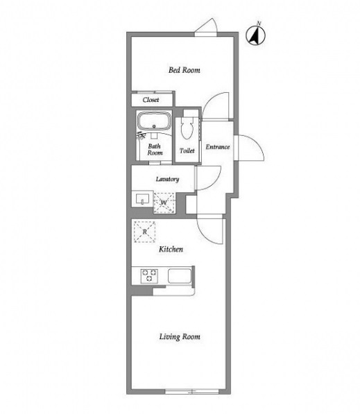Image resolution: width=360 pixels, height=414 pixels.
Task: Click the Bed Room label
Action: point(184,70)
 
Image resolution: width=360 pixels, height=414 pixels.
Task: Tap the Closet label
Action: point(151,100)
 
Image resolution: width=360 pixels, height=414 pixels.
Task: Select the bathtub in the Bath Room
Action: point(154,121)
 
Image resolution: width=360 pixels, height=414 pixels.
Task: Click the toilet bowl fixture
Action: point(187,128)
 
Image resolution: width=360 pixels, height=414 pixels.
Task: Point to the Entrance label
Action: point(218,147)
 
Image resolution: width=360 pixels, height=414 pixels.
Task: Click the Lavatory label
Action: point(167,179)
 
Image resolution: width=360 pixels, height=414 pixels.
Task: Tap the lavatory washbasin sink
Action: point(142,199)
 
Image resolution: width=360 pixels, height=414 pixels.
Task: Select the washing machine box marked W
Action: point(164,202)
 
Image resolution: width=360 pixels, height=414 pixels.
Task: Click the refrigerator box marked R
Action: point(144,232)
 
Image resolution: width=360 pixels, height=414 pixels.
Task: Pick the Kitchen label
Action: point(171,249)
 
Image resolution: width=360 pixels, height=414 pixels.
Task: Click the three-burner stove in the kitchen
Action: point(149,276)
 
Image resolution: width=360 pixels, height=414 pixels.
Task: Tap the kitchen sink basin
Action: point(180,276)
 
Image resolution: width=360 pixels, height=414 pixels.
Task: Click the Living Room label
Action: point(180,336)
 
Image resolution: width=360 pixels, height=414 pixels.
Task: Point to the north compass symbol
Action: point(256,35)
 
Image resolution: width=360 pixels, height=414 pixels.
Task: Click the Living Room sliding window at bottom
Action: point(191,391)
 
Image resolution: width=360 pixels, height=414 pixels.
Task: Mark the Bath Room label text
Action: point(155,149)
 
